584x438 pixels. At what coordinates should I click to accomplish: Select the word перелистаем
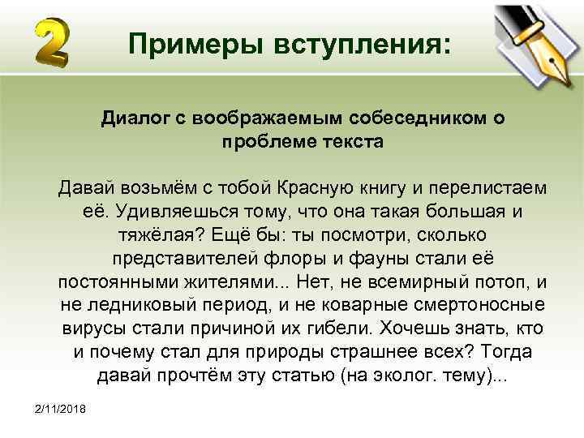(487, 189)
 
